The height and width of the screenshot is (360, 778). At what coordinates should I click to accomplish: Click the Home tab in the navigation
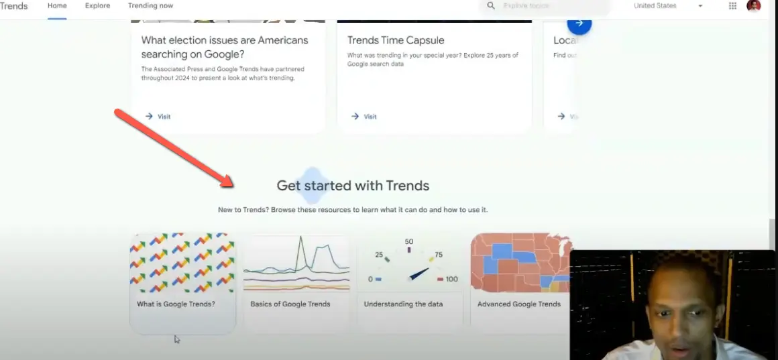(57, 6)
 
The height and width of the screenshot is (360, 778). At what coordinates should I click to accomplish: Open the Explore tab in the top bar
(97, 6)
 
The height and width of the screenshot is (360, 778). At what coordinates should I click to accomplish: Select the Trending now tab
(150, 6)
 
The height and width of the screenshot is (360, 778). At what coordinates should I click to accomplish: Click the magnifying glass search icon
(491, 6)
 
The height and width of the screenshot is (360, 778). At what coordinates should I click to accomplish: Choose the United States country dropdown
(668, 6)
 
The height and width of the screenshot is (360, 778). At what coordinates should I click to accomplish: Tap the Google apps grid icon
(732, 6)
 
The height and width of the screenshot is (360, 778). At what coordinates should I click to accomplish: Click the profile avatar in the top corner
(754, 6)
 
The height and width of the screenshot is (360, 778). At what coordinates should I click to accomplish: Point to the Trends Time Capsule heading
(396, 40)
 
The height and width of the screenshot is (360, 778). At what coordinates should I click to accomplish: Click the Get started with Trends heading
(353, 186)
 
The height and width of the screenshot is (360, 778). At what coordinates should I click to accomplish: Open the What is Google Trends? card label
(176, 304)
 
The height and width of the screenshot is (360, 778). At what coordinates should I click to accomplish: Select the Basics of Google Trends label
(290, 304)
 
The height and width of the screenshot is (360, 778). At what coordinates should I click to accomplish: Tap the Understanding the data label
(403, 304)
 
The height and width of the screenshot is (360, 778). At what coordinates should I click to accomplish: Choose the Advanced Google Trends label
(518, 304)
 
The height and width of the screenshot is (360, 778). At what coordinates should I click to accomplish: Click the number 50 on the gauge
(409, 242)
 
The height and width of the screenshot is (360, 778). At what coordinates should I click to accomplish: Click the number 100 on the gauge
(451, 280)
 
